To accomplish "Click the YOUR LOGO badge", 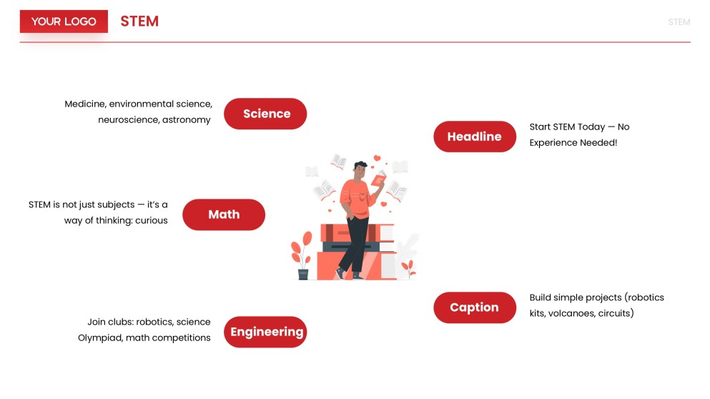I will pos(64,21).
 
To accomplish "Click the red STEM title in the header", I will pos(139,21).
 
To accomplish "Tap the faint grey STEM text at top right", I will pos(679,22).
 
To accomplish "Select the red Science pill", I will pos(265,114).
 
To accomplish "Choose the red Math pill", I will pos(224,215).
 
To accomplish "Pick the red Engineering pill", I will pos(266,332).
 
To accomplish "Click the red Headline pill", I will pos(474,137).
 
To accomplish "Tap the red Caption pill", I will pos(474,307).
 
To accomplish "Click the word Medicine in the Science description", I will pos(84,104).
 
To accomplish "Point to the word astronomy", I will pos(187,120).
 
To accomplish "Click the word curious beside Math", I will pos(151,221).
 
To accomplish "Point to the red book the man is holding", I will pos(378,179).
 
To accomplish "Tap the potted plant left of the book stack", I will pos(302,257).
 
